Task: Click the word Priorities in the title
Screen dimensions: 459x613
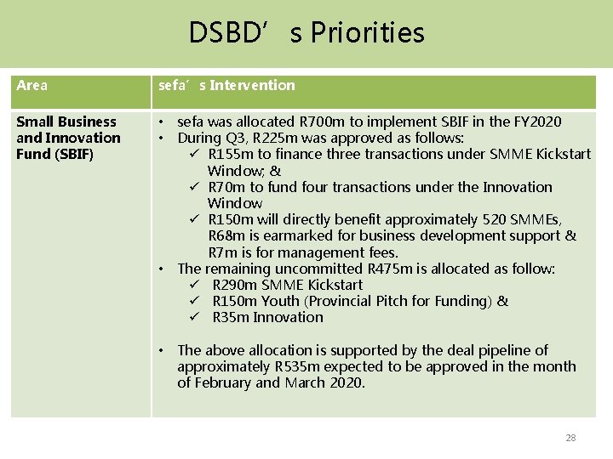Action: tap(368, 33)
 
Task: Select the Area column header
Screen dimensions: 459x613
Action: tap(32, 85)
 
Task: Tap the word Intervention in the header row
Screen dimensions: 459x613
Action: tap(253, 85)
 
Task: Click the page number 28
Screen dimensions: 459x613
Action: tap(570, 438)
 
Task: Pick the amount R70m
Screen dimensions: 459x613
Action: tap(224, 187)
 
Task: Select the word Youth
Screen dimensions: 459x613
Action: tap(280, 301)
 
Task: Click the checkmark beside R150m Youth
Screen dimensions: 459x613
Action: tap(194, 301)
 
